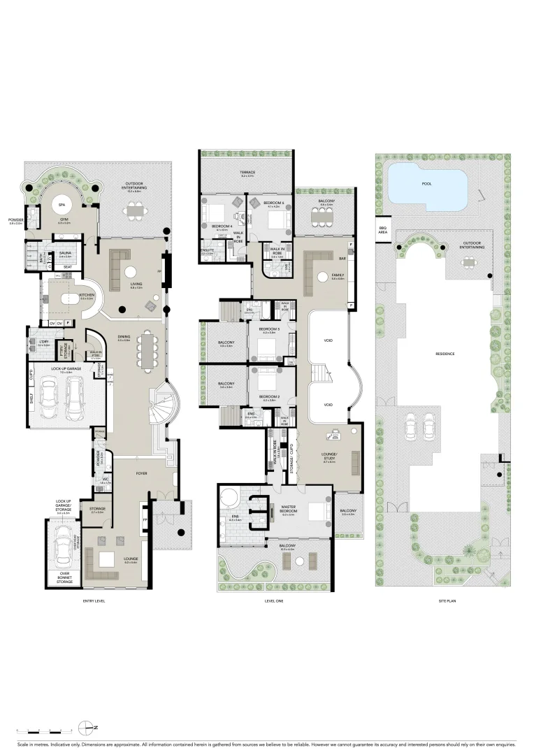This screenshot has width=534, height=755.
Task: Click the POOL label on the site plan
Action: (426, 185)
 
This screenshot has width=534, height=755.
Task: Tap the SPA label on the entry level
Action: (62, 205)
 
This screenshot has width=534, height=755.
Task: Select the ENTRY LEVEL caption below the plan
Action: (94, 601)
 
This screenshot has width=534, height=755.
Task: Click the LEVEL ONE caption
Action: (274, 601)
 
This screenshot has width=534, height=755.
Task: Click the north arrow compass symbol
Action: (87, 727)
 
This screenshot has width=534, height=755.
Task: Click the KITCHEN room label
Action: (87, 295)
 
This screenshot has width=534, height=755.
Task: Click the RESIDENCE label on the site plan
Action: (445, 354)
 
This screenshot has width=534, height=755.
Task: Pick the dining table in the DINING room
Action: (147, 349)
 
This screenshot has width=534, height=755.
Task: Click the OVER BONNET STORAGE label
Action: (65, 578)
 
